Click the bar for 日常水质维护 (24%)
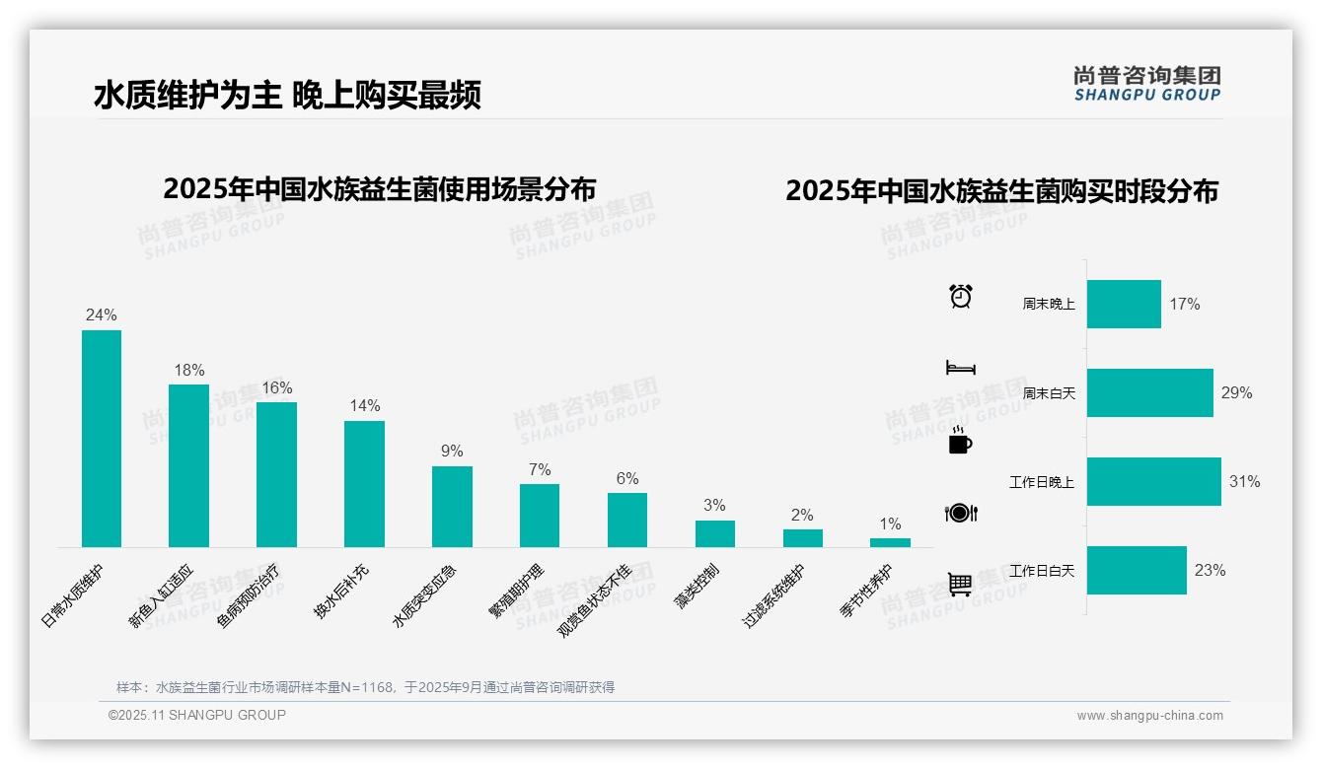point(102,439)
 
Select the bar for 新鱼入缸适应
point(188,465)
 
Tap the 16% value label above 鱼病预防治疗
point(276,388)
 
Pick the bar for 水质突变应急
point(452,507)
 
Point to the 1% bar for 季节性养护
point(890,542)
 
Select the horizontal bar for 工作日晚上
point(1153,482)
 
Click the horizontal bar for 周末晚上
point(1124,304)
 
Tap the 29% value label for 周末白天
point(1236,393)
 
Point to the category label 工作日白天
point(1042,571)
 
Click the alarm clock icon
point(960,296)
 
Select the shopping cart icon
point(960,584)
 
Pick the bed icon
point(960,368)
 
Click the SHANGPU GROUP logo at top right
point(1146,84)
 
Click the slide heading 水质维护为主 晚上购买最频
point(287,96)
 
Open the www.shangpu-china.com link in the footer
point(1149,716)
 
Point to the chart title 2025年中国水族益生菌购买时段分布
point(1001,191)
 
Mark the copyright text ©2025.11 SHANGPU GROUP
point(197,716)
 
